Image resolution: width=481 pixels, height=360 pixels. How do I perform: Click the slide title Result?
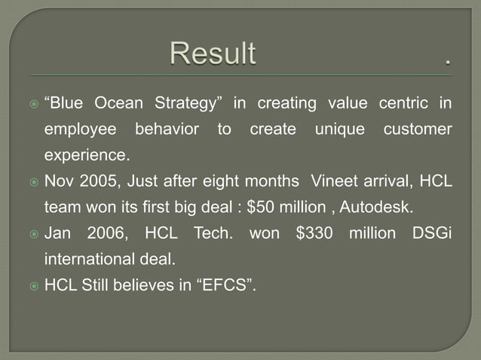(x=213, y=54)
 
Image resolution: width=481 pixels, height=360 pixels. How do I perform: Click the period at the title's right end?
(x=449, y=61)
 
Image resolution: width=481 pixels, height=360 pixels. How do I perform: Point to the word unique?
(x=339, y=130)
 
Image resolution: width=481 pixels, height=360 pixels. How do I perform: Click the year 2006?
(x=107, y=233)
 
